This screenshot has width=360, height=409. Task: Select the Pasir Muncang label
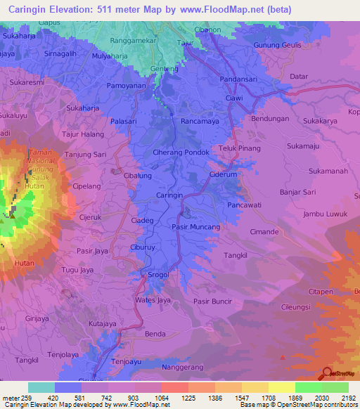pos(196,227)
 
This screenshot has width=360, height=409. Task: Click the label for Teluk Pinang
pos(240,148)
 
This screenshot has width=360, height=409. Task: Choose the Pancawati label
pos(245,205)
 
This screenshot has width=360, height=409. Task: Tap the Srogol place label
pos(159,274)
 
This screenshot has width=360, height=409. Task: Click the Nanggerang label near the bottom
pos(182,368)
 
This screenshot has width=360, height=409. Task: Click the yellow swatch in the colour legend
pos(282,387)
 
